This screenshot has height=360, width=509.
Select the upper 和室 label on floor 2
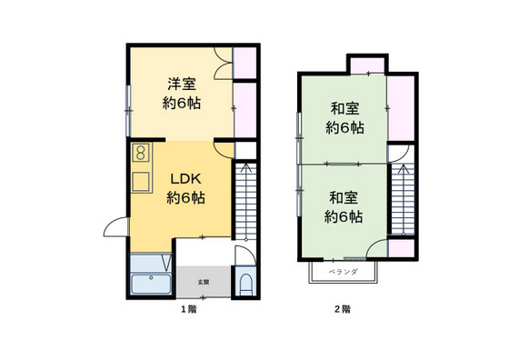click(x=344, y=118)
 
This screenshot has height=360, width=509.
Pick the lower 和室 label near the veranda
click(x=344, y=206)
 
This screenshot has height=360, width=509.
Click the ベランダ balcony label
click(x=343, y=271)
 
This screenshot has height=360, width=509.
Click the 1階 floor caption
click(x=188, y=309)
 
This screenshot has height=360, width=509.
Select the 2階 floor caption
click(x=343, y=309)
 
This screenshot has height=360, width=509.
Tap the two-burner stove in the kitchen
click(x=141, y=153)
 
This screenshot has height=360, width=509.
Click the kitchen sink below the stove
click(x=141, y=180)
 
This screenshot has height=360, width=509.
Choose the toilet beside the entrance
click(x=245, y=284)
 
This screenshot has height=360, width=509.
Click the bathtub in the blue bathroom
click(x=151, y=285)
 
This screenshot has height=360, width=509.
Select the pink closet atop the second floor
click(x=368, y=65)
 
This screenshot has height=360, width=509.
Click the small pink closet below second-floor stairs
click(x=401, y=248)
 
